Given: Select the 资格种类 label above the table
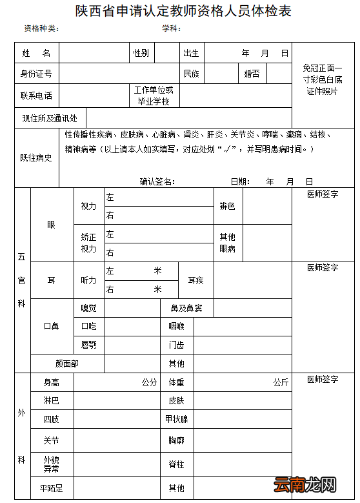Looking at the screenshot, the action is click(x=41, y=29).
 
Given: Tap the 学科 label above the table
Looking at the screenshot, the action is click(x=170, y=29).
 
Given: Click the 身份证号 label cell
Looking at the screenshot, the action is click(x=36, y=74).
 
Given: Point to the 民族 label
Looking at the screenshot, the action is click(x=192, y=74).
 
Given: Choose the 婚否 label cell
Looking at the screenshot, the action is click(x=252, y=74).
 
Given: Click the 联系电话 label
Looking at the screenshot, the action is click(x=36, y=96).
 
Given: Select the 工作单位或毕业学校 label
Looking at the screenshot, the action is click(x=154, y=96).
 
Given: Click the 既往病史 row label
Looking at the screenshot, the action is click(x=36, y=158).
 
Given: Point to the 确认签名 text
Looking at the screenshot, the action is click(x=157, y=181).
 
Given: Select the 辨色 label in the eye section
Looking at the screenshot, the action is click(x=228, y=206).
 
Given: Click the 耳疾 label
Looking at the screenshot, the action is click(x=195, y=280).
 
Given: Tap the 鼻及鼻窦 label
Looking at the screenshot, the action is click(x=186, y=308).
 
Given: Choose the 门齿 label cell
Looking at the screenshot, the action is click(x=176, y=345).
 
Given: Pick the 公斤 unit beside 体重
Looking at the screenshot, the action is click(x=281, y=382).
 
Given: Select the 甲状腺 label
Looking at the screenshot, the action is click(x=176, y=419).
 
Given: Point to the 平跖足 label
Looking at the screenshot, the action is click(x=51, y=488).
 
